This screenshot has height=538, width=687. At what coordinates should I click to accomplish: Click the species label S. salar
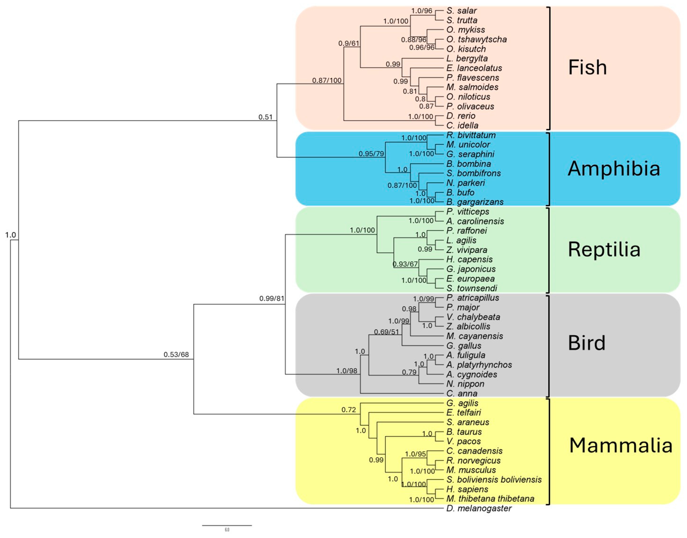[461, 11]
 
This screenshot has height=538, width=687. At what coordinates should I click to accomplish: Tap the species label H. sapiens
[467, 489]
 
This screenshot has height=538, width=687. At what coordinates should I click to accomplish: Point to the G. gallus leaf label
[464, 346]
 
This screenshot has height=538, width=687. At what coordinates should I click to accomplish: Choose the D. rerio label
[461, 116]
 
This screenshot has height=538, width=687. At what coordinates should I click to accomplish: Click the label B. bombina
[468, 164]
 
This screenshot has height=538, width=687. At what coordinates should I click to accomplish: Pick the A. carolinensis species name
[475, 221]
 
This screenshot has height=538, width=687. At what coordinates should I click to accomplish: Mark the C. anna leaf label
[462, 393]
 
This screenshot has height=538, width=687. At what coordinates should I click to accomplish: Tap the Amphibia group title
[614, 168]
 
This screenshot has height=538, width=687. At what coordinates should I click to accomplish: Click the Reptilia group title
[604, 250]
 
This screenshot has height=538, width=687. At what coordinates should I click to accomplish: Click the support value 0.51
[265, 117]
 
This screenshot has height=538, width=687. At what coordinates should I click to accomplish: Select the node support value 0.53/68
[176, 355]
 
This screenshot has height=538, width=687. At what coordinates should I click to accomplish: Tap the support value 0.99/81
[272, 298]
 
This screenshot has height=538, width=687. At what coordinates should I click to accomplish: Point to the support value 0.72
[349, 410]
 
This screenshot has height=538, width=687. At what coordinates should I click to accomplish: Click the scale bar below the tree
[227, 525]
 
